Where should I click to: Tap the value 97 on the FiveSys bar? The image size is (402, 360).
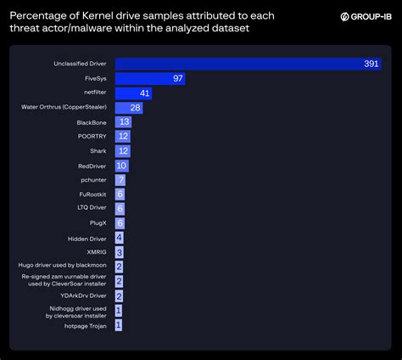click(176, 78)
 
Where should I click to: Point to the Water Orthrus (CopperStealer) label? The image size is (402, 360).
click(64, 107)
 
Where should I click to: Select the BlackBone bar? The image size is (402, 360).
click(123, 121)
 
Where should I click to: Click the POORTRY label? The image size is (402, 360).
click(92, 136)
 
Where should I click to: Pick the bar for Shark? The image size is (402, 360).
click(122, 150)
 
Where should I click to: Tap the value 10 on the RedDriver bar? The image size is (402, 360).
click(122, 166)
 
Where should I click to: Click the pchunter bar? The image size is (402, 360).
click(120, 180)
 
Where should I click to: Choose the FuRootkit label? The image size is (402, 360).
click(92, 194)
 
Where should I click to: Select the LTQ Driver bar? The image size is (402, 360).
click(120, 209)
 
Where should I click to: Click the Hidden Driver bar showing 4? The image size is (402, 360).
click(120, 238)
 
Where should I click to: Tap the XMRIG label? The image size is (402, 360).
click(96, 252)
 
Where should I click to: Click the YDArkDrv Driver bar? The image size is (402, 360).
click(119, 295)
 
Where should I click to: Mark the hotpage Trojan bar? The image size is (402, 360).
click(119, 324)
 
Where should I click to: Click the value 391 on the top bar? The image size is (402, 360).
click(370, 64)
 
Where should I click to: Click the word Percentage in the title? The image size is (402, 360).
click(39, 14)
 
